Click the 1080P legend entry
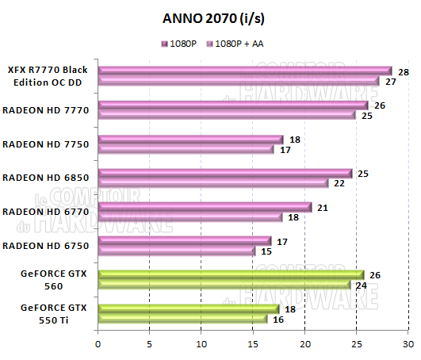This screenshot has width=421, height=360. pyautogui.click(x=182, y=44)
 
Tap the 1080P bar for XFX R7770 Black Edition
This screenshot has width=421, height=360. pyautogui.click(x=244, y=71)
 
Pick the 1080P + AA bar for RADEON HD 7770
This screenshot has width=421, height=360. pyautogui.click(x=227, y=115)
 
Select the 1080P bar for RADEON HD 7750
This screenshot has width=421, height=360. pyautogui.click(x=190, y=140)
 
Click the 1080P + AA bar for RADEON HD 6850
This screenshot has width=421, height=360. pyautogui.click(x=212, y=183)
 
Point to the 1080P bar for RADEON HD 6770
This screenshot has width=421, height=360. pyautogui.click(x=205, y=208)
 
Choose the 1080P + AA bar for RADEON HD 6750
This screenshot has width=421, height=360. pyautogui.click(x=176, y=251)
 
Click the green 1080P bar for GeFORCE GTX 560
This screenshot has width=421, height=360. pyautogui.click(x=230, y=275)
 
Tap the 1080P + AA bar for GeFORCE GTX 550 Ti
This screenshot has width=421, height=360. pyautogui.click(x=182, y=319)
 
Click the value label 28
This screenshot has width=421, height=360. pyautogui.click(x=404, y=72)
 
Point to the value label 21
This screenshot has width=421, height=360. pyautogui.click(x=323, y=208)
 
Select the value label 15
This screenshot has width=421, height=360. pyautogui.click(x=266, y=251)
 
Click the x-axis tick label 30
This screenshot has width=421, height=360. pyautogui.click(x=408, y=343)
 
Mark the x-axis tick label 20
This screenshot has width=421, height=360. pyautogui.click(x=304, y=343)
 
